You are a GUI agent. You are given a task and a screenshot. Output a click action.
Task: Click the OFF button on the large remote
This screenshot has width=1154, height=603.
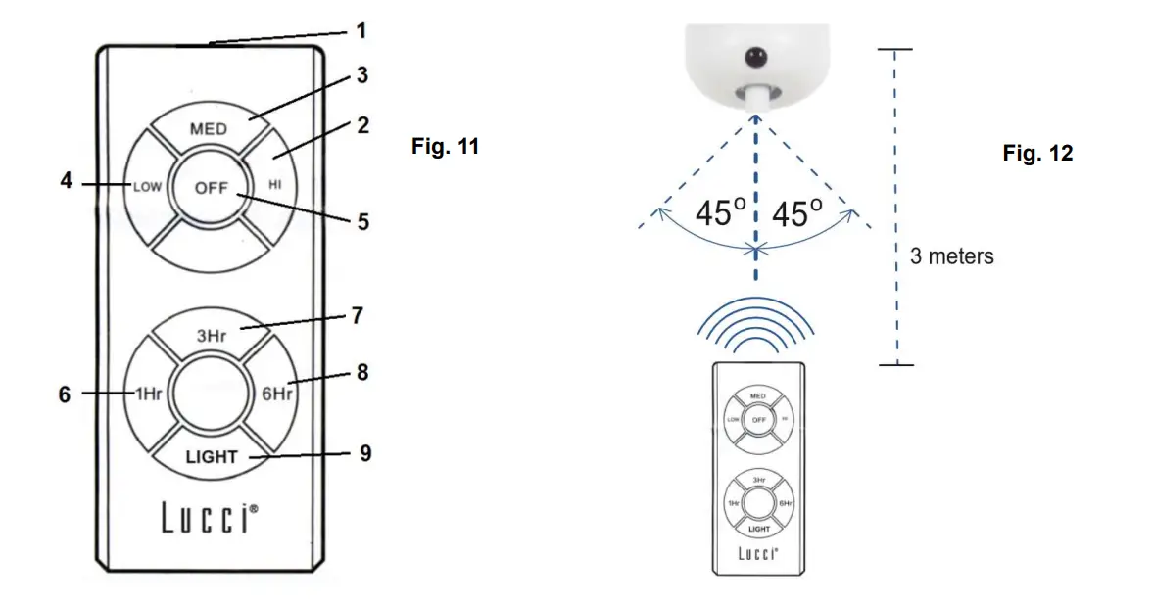(x=211, y=188)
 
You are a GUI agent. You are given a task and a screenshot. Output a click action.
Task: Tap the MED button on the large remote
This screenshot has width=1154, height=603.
(x=208, y=129)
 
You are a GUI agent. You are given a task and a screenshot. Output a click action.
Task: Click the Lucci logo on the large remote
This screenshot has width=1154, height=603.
(x=211, y=519)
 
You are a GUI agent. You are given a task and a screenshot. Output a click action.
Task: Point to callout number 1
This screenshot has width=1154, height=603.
(x=361, y=30)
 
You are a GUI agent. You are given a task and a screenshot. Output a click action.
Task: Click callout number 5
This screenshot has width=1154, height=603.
(x=362, y=222)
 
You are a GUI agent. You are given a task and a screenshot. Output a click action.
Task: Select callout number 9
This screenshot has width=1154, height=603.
(x=364, y=454)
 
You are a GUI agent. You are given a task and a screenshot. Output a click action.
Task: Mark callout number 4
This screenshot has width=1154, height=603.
(x=66, y=182)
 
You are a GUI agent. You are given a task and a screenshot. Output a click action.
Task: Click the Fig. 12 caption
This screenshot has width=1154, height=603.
(x=1037, y=154)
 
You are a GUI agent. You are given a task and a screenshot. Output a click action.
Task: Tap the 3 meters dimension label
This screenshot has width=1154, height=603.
(x=951, y=256)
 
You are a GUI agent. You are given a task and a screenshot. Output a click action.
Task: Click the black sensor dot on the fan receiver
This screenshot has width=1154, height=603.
(x=756, y=60)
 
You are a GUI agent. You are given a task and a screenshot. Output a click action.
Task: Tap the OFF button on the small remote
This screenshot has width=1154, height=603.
(x=757, y=419)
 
